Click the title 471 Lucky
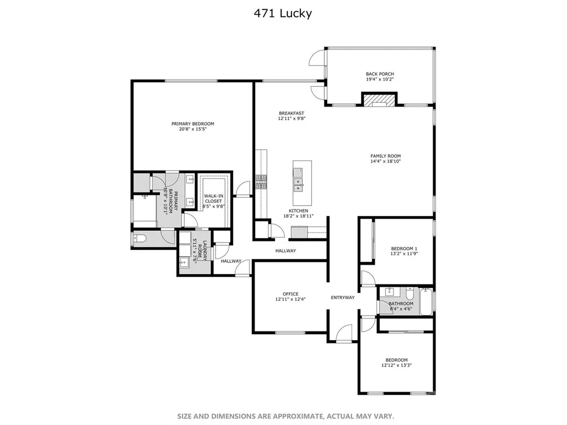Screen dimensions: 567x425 [283, 14]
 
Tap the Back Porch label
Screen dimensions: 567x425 [380, 74]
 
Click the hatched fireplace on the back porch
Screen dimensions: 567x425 [379, 100]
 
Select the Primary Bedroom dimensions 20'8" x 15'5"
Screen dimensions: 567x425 [192, 129]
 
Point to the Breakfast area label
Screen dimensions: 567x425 [291, 113]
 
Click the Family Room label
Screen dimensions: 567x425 [386, 156]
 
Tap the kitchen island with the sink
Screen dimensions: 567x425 [302, 183]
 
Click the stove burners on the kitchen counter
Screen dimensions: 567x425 [261, 182]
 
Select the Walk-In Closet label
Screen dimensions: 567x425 [213, 198]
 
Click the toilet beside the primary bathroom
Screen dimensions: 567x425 [139, 239]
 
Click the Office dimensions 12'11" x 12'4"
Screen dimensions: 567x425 [290, 299]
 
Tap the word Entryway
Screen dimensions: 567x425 [343, 297]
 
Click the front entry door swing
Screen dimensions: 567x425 [344, 333]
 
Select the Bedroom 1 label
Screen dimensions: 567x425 [404, 249]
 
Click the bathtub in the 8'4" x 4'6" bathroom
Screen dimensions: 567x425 [426, 301]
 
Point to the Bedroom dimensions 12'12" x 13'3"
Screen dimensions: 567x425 [396, 365]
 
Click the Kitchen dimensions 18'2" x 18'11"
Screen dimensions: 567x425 [298, 216]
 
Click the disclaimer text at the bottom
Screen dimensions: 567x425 [286, 416]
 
